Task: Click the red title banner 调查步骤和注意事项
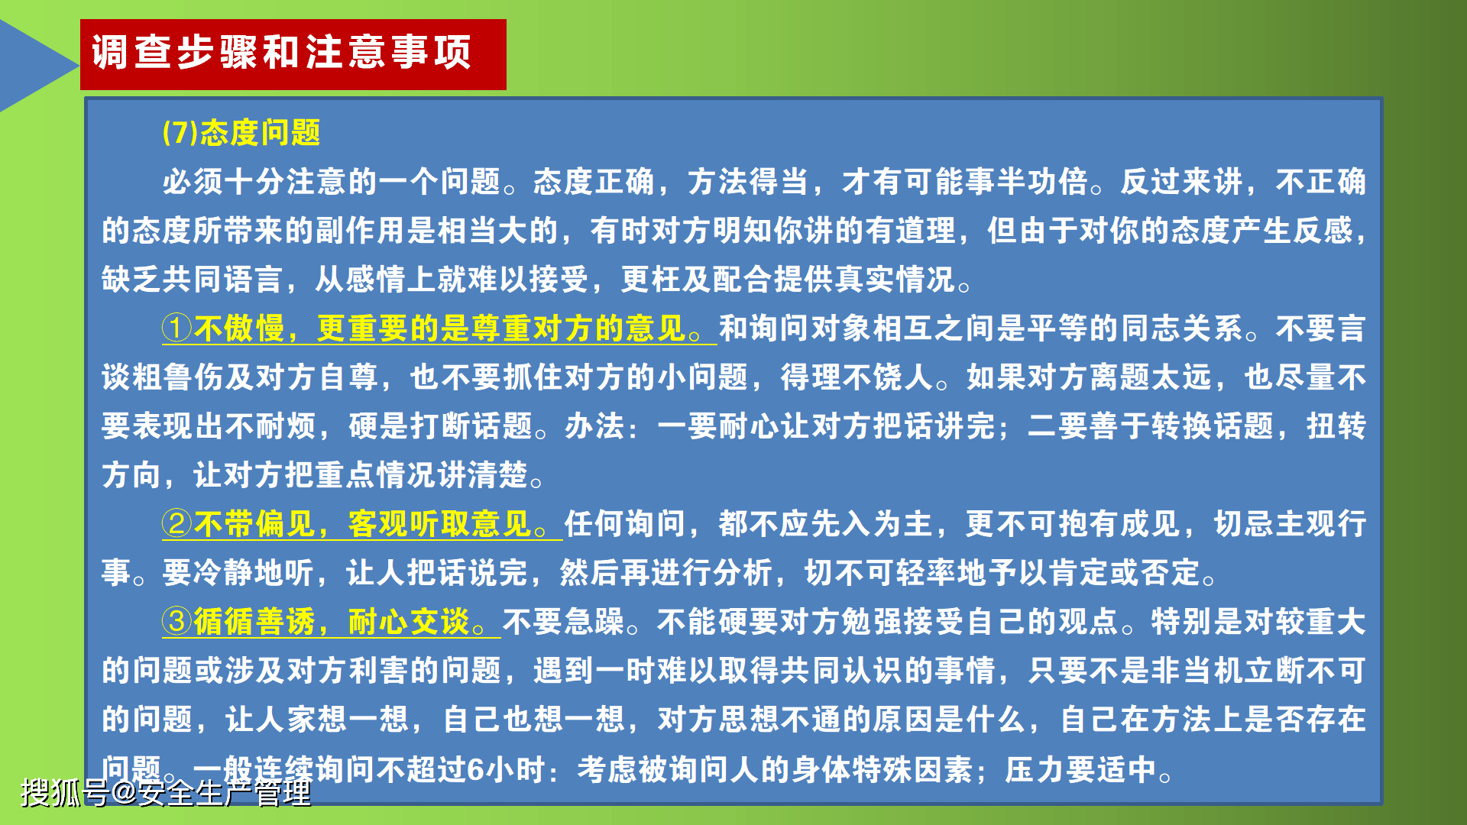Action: point(293,54)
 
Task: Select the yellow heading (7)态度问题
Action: point(241,133)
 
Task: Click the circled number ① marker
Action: point(176,328)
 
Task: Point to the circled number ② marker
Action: point(176,524)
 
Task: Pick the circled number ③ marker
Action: point(176,622)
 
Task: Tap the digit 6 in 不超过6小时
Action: point(475,769)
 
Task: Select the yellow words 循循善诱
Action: point(254,622)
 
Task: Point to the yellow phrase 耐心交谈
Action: point(409,622)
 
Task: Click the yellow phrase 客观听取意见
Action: point(439,524)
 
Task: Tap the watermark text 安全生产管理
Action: point(225,793)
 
